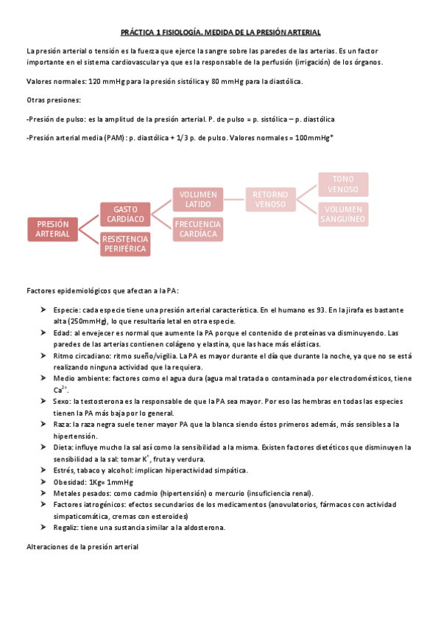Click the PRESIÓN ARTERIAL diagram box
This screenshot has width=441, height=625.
pos(52,228)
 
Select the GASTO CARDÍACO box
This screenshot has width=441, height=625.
pos(124,214)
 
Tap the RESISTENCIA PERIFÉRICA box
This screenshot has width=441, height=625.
pos(124,243)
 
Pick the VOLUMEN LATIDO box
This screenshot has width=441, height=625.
pos(198,199)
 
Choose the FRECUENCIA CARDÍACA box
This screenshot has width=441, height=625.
pos(198,228)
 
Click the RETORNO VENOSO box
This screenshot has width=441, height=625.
pos(270,199)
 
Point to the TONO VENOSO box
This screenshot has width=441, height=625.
pos(343,184)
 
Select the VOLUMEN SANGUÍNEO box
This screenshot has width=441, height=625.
pos(343,214)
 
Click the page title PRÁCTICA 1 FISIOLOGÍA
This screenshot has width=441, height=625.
pos(220,33)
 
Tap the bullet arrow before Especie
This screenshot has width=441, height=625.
pos(45,310)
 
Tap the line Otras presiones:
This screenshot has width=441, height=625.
pos(53,99)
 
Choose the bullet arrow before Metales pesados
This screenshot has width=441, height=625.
pos(45,493)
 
